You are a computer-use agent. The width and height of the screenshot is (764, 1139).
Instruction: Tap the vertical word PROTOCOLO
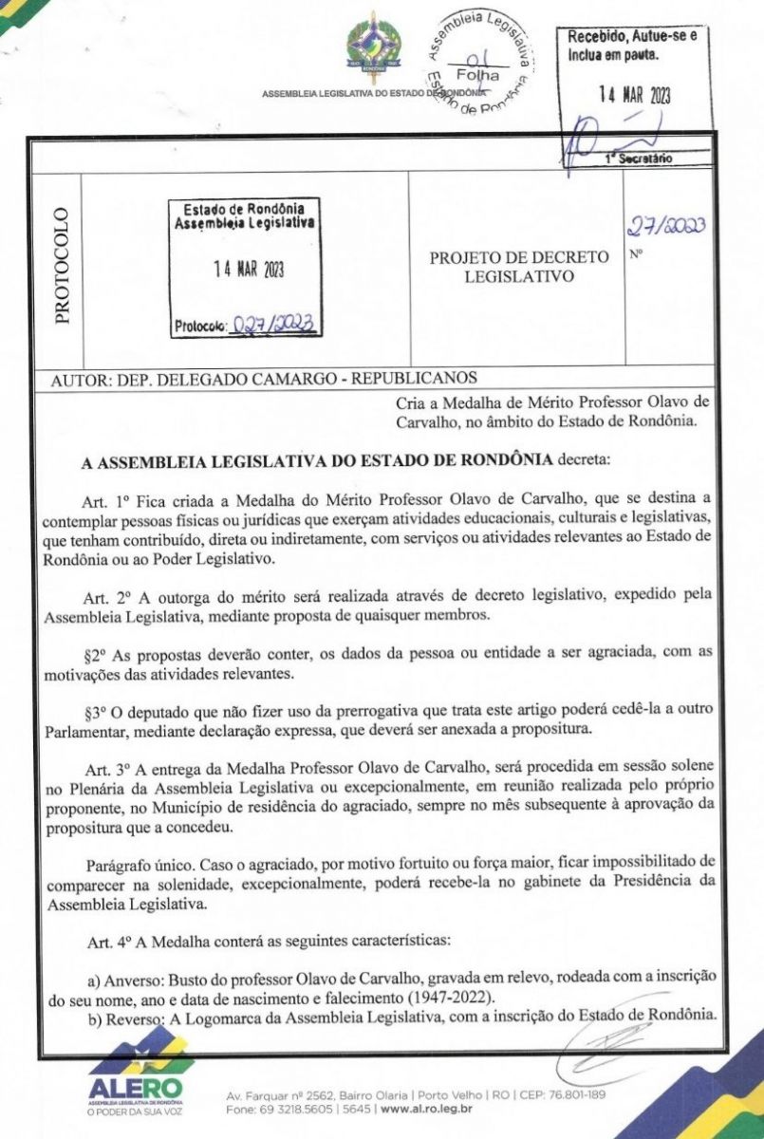(61, 266)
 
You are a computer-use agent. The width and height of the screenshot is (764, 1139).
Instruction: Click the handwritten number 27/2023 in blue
(666, 226)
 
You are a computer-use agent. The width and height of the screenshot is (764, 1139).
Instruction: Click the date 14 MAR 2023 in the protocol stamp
(248, 268)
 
